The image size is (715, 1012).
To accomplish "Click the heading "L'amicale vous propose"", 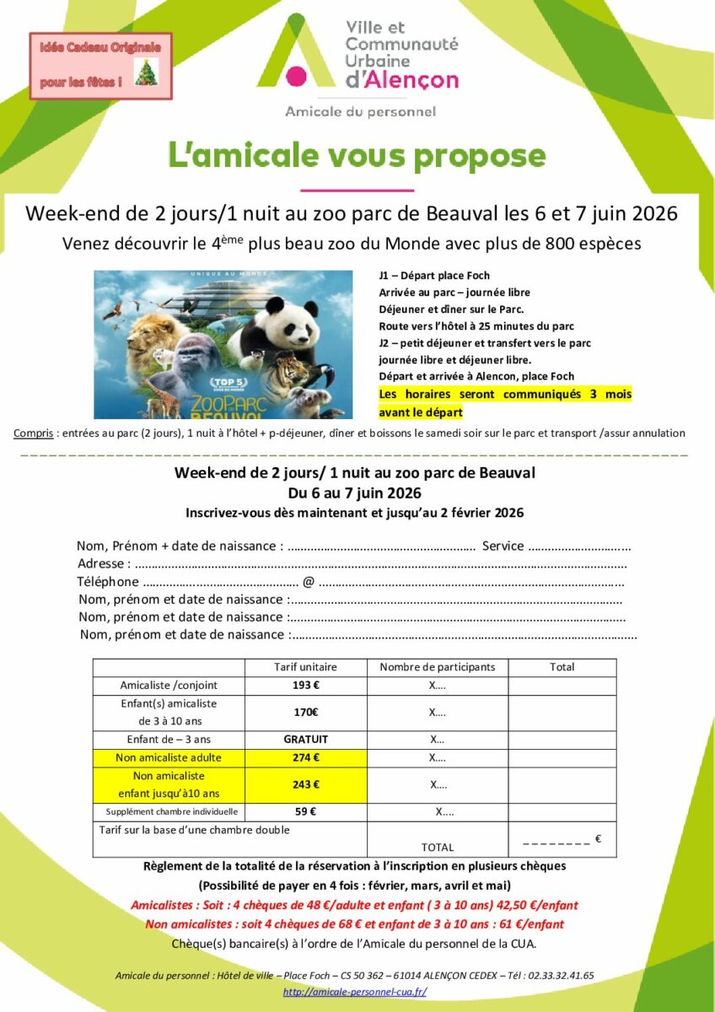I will click(x=357, y=157).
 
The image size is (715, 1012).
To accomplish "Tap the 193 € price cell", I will click(x=305, y=685).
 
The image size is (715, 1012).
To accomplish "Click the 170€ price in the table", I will click(x=305, y=712).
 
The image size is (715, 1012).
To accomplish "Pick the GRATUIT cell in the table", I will click(x=305, y=740).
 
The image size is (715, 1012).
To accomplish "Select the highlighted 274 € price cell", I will click(x=305, y=757).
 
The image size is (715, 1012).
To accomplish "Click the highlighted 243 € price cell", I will click(x=305, y=784).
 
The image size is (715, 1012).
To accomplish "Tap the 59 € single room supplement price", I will click(x=305, y=812).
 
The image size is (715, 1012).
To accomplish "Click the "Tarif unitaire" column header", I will click(x=305, y=667).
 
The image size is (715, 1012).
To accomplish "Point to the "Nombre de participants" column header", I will click(x=438, y=667).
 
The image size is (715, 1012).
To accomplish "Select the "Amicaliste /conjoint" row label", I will click(x=169, y=685).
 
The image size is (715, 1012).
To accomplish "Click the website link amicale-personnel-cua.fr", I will click(x=354, y=992).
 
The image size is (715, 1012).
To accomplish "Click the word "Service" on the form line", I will click(x=503, y=546).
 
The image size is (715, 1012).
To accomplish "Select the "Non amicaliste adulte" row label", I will click(x=169, y=757).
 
